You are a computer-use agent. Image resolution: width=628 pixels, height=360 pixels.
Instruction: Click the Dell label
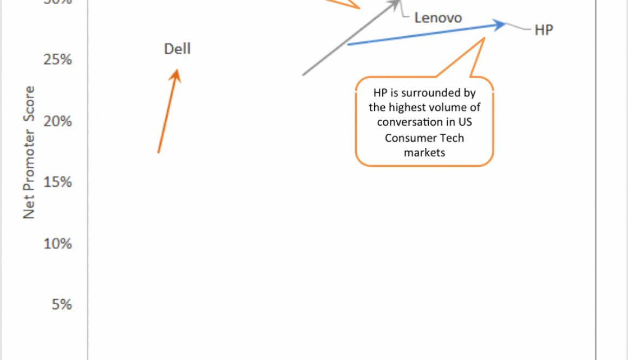178,49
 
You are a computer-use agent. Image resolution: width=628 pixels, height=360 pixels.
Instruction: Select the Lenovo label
438,18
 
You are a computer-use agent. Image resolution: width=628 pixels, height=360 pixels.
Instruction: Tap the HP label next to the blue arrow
544,30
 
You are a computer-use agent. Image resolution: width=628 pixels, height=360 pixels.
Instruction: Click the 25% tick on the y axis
58,59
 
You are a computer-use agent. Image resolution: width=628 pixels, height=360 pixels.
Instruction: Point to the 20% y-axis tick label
58,121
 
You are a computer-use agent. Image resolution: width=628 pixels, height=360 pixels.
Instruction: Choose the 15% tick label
58,182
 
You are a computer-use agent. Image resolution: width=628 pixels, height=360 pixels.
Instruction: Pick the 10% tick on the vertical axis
58,244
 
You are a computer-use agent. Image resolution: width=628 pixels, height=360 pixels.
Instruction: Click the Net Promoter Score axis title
29,152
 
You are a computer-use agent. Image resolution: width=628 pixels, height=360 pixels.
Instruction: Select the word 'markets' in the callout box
424,152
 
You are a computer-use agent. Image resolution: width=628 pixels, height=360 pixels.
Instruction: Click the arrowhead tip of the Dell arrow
176,71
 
